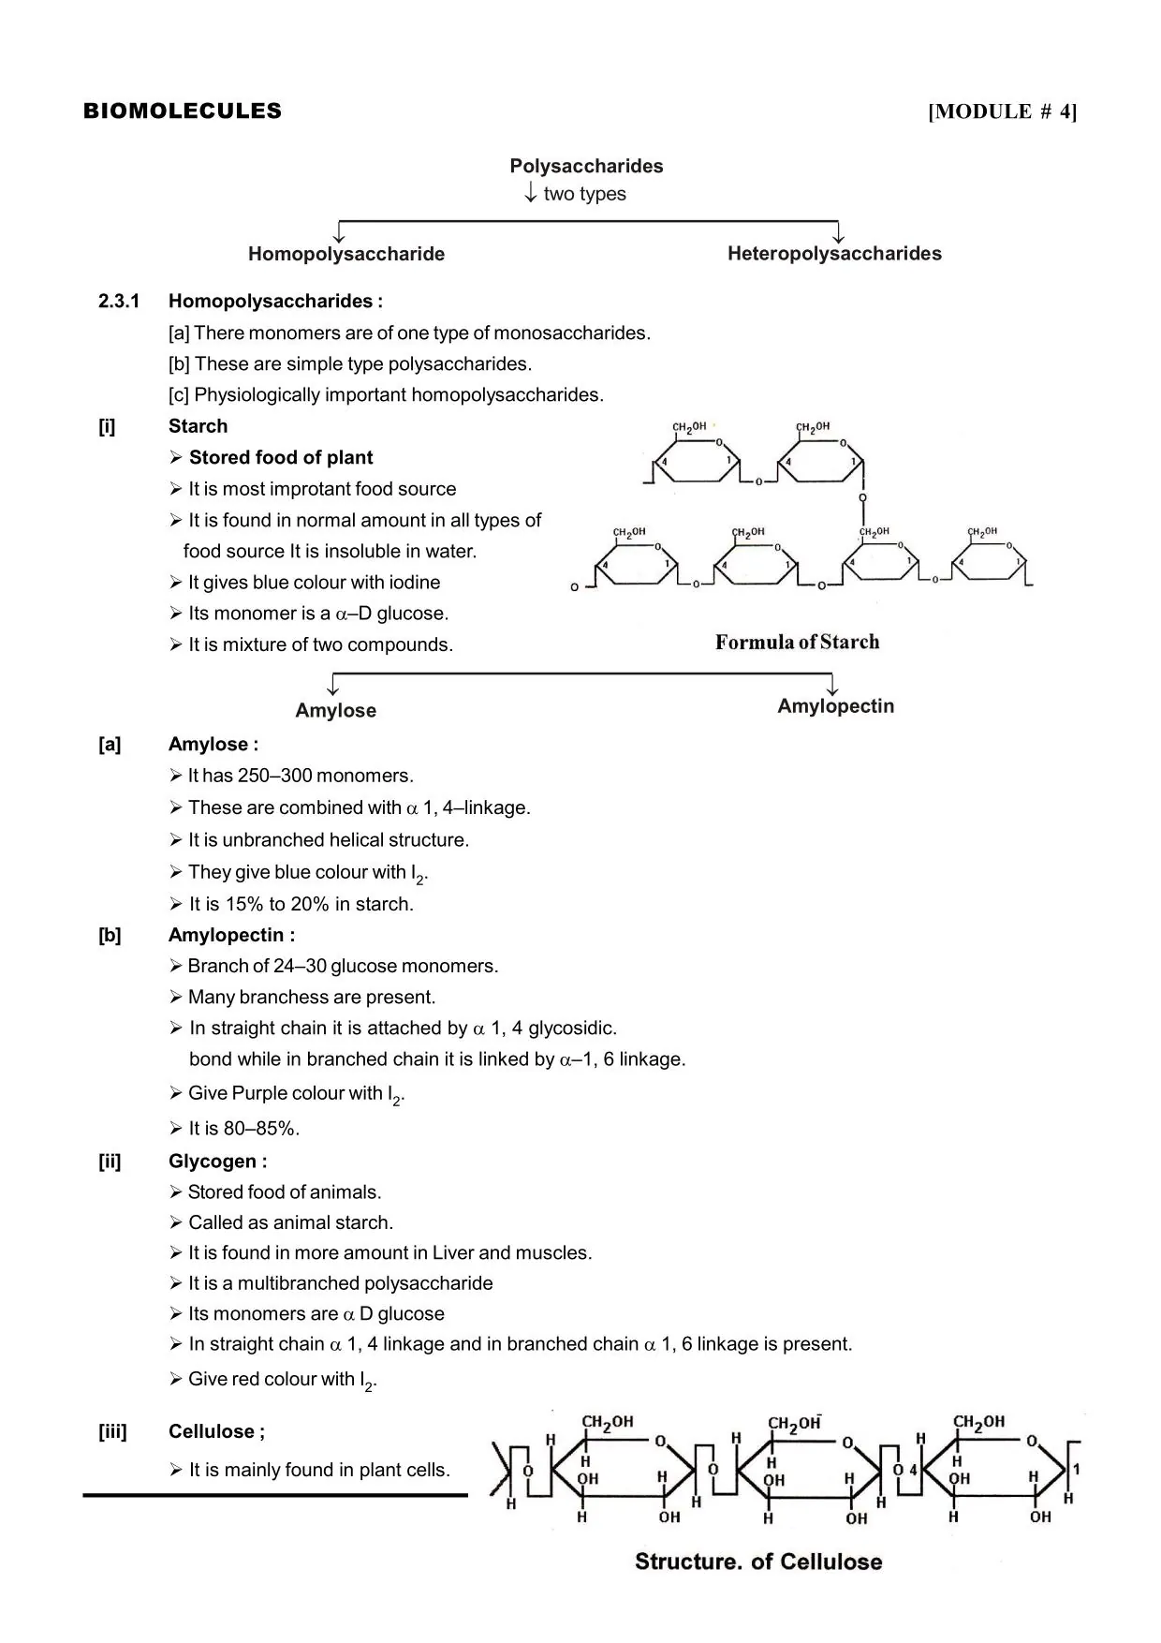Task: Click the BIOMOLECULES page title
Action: tap(183, 111)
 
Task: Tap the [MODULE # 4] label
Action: tap(1002, 112)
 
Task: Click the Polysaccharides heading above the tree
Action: tap(586, 167)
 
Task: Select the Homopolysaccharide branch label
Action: tap(346, 254)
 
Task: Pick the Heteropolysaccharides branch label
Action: tap(834, 254)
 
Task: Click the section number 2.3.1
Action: tap(119, 302)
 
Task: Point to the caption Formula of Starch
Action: tap(797, 643)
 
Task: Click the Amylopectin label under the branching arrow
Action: tap(835, 706)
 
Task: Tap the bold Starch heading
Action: tap(198, 426)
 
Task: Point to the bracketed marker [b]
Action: tap(110, 935)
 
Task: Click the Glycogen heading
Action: tap(217, 1162)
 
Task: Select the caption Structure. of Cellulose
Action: tap(758, 1562)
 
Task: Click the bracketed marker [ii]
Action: tap(110, 1162)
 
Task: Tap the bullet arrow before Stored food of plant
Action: tap(176, 458)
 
